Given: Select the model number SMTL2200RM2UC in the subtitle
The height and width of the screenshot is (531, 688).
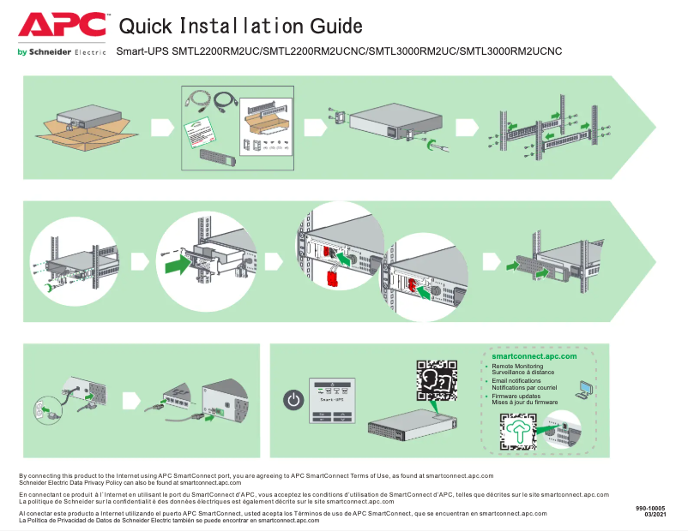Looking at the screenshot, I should (215, 52).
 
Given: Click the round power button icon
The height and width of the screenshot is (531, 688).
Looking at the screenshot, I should (293, 400).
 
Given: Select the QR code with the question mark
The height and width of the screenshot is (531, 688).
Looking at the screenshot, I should (434, 381).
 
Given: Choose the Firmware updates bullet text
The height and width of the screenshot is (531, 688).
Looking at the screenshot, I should (516, 396).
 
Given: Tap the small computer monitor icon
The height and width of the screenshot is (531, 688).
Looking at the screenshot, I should (585, 391).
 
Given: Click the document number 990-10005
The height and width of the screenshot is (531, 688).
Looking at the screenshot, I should (650, 508).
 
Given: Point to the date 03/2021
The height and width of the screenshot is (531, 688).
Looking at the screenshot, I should (655, 515).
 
